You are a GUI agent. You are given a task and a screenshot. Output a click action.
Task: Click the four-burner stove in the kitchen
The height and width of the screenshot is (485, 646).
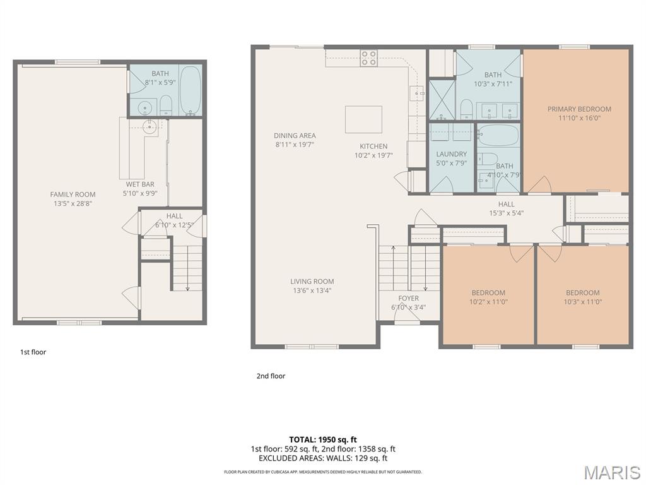tap(369, 58)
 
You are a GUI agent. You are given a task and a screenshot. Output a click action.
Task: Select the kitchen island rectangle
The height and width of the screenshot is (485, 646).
tap(363, 119)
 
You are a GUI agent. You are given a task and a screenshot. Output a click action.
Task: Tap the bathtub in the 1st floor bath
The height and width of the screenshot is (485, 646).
tap(191, 90)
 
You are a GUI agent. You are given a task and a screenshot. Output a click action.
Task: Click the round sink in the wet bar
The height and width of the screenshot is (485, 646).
tap(150, 127)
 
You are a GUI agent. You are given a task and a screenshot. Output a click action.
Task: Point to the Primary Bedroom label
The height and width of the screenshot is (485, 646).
tap(579, 109)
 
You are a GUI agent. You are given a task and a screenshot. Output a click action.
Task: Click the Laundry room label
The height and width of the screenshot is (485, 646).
tap(452, 154)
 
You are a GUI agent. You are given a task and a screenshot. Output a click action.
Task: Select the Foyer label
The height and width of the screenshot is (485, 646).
tap(408, 298)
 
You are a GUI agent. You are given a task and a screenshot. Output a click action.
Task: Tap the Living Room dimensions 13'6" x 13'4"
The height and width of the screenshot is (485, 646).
tap(312, 290)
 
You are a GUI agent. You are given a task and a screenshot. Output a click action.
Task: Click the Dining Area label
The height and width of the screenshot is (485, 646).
tap(295, 136)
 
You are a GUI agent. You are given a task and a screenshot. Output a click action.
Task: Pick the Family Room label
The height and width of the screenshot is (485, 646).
tap(73, 195)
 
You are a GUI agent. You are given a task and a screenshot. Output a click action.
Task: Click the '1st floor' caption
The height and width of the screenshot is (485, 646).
tap(33, 352)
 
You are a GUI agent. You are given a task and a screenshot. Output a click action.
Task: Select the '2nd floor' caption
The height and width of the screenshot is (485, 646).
tap(271, 376)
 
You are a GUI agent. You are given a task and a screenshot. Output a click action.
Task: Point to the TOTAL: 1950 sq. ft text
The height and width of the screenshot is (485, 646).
tap(323, 439)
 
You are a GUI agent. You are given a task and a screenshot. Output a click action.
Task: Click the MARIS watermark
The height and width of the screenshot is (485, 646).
tap(611, 472)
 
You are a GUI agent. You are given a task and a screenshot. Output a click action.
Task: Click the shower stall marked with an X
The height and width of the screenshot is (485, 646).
tap(442, 99)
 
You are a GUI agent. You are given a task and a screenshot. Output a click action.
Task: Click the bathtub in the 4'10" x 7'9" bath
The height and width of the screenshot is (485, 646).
tap(498, 135)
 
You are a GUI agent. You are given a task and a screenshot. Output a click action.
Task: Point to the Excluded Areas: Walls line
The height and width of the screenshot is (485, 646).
tap(323, 458)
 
